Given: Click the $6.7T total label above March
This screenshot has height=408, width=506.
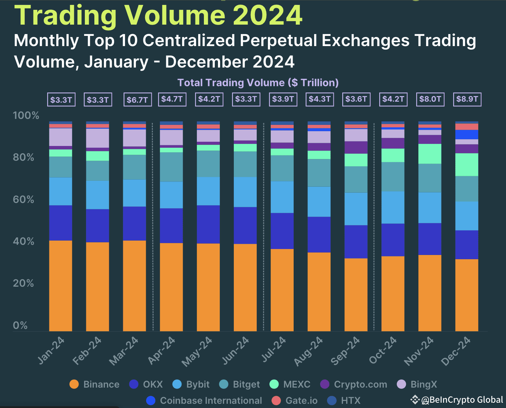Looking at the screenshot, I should tap(137, 100).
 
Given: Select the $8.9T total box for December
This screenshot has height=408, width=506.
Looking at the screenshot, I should tap(467, 99).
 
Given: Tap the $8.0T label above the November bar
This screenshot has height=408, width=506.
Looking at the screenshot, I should tap(430, 99).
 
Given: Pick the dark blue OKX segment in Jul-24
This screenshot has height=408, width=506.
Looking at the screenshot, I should tap(282, 231).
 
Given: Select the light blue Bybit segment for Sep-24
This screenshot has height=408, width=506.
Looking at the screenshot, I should tap(356, 209).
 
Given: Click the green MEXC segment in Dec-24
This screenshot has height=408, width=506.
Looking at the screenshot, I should tap(467, 165).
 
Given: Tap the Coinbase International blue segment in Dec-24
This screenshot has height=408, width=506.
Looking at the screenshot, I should tap(467, 135).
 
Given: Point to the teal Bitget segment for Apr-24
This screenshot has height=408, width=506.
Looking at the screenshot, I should tap(171, 167).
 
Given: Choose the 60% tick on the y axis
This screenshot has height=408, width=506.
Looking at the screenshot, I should tap(23, 199).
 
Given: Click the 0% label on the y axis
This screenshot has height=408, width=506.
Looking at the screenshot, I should tap(20, 325).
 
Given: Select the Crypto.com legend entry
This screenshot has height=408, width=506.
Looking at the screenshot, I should tap(354, 384).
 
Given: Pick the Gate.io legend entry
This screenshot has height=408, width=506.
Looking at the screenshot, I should tap(295, 401).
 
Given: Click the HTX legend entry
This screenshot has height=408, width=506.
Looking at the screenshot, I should tap(344, 401).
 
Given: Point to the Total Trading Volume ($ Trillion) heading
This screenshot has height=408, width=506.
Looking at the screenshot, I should tap(258, 83).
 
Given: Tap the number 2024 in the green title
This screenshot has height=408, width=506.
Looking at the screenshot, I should tap(268, 15).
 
